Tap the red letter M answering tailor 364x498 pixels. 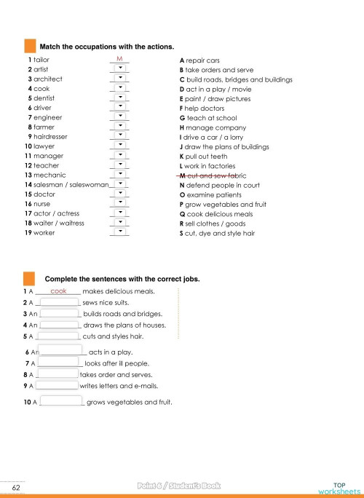(x=119, y=58)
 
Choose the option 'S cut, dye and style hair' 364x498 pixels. (x=217, y=234)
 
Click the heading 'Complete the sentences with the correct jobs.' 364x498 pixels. (x=122, y=279)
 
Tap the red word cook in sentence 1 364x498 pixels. (x=59, y=291)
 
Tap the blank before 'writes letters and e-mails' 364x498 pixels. (x=56, y=385)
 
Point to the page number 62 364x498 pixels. (x=15, y=486)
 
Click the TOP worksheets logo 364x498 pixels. (x=338, y=486)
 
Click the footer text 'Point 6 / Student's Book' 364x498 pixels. (x=178, y=486)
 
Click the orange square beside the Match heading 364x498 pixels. (x=30, y=45)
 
